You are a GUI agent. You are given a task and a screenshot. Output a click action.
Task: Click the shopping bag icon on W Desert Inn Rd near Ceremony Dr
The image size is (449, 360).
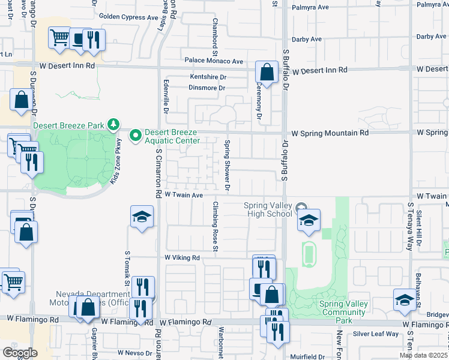point(265,73)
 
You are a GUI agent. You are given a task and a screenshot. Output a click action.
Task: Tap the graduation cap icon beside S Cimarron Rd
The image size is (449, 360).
point(142,217)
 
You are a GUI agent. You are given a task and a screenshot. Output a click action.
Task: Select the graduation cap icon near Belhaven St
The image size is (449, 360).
point(405,299)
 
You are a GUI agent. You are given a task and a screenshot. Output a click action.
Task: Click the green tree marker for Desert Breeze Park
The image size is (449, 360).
point(113,125)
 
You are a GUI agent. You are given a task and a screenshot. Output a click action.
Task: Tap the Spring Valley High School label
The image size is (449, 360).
point(268,210)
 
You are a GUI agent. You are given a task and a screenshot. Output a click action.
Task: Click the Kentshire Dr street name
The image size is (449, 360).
point(208,77)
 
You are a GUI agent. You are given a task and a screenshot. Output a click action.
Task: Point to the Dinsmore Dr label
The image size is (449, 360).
point(207,88)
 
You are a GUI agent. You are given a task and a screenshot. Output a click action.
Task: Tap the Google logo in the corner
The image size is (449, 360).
point(19,353)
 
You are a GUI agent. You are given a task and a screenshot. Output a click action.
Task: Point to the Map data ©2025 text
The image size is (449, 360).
point(423,355)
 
